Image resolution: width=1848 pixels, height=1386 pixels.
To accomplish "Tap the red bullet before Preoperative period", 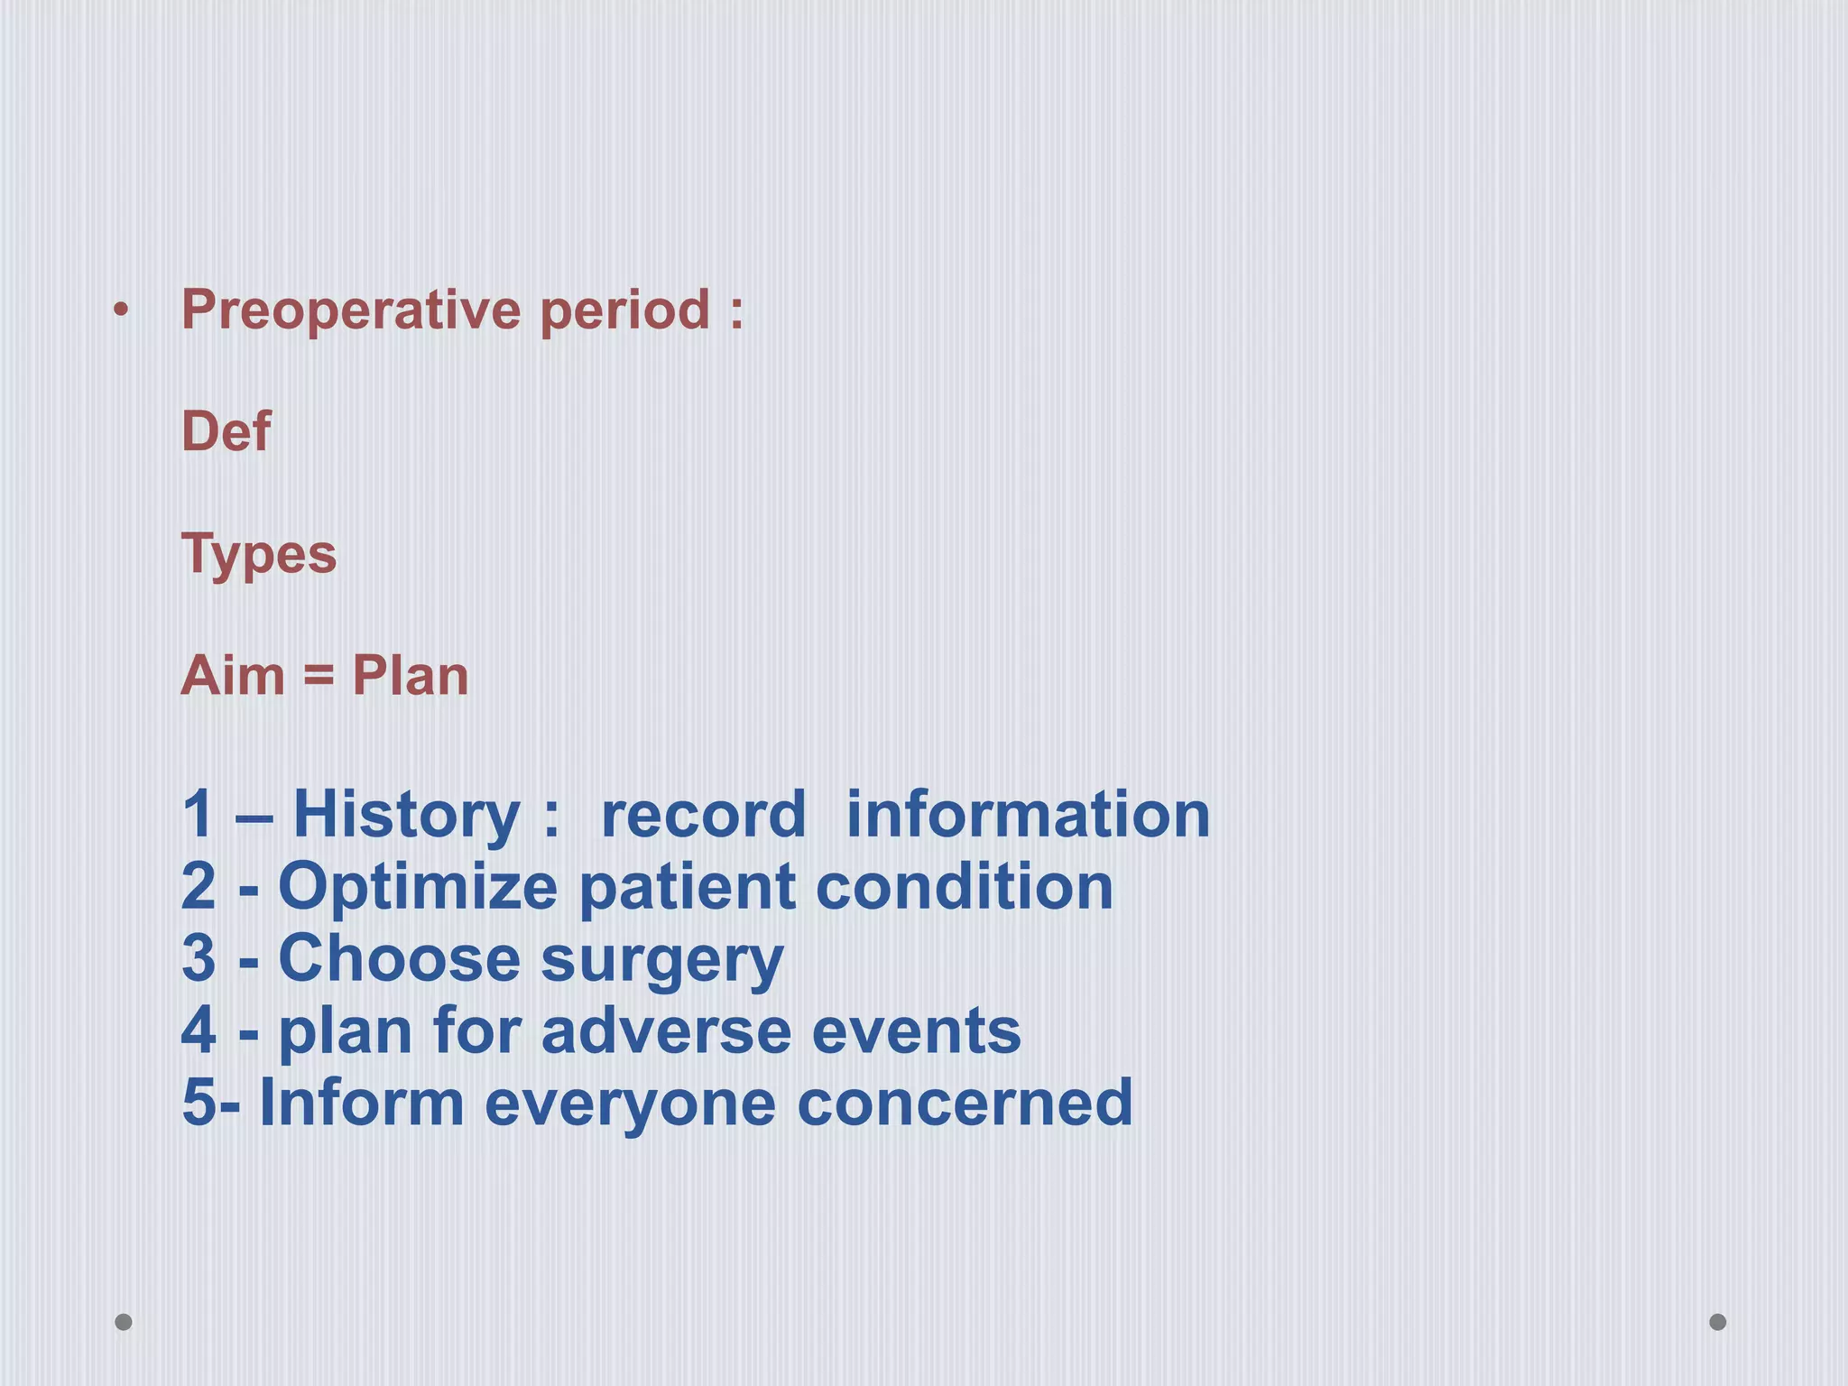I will [122, 312].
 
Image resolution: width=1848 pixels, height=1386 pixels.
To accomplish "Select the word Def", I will [226, 431].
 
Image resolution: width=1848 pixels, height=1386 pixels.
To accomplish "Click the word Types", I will [259, 554].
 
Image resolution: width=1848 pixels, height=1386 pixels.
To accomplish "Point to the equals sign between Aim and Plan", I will [319, 676].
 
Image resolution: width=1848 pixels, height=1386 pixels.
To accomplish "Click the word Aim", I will [233, 676].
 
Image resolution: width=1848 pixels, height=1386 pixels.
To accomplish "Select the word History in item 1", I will [406, 815].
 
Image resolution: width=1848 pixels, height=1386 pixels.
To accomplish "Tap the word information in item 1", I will [1028, 815].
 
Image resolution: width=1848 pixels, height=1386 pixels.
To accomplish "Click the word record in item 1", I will [703, 815].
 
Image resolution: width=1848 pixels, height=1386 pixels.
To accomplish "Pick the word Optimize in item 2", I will [418, 888].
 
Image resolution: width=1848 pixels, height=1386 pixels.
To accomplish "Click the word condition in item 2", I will [965, 886].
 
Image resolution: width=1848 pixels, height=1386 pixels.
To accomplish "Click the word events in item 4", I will [916, 1030].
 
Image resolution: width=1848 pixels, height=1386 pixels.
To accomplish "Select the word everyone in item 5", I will [630, 1104].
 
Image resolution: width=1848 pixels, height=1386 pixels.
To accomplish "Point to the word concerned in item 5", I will [965, 1103].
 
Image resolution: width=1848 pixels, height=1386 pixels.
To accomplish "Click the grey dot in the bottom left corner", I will [124, 1322].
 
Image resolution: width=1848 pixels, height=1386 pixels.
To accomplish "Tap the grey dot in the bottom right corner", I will [1718, 1322].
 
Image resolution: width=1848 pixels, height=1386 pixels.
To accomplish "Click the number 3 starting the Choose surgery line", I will [199, 958].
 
